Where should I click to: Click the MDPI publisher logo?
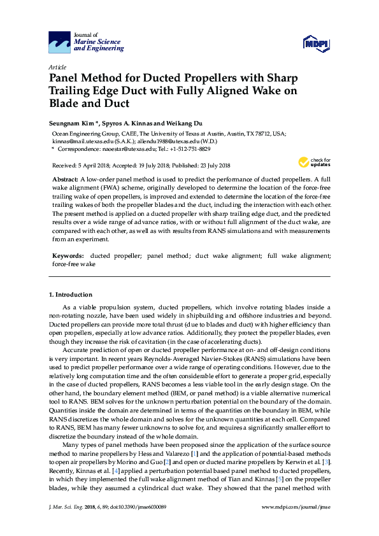pyautogui.click(x=316, y=43)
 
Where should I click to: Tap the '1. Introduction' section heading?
pyautogui.click(x=71, y=294)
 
